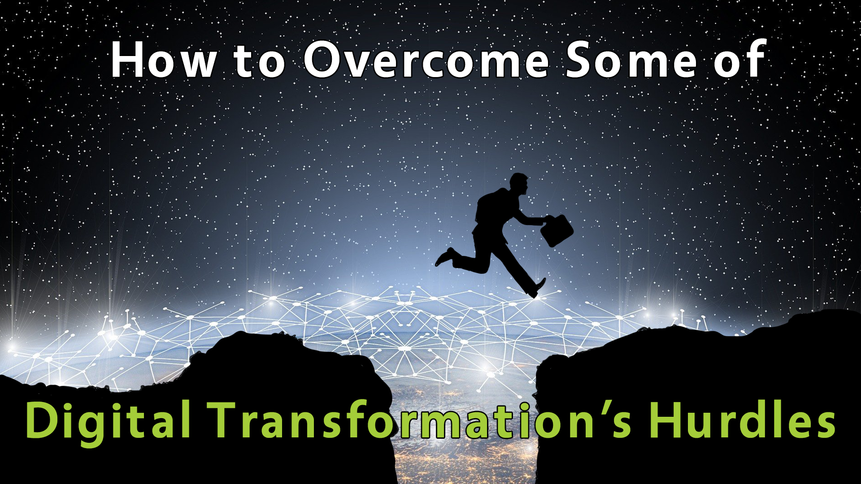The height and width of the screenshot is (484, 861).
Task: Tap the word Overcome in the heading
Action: point(426,60)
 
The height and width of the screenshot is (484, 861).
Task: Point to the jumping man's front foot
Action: point(538,287)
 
